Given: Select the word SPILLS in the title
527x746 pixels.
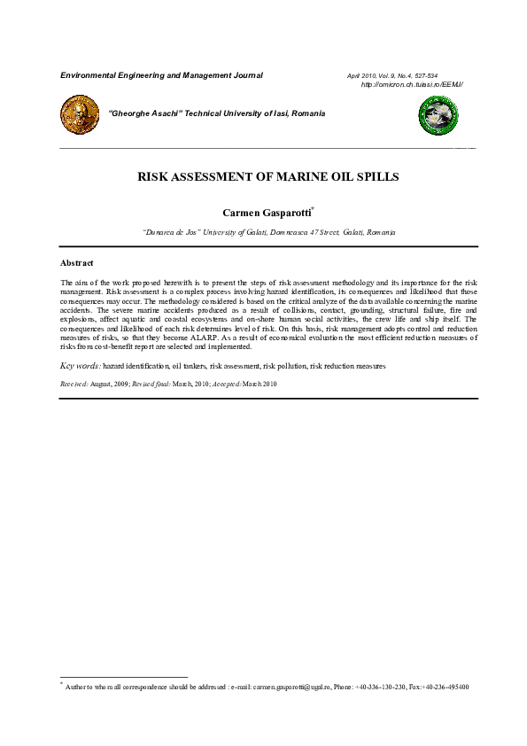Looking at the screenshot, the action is [376, 176].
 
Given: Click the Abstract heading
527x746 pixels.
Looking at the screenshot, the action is [77, 263].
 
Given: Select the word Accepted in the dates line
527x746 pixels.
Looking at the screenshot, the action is [223, 384].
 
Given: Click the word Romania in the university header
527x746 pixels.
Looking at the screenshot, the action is [306, 113].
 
